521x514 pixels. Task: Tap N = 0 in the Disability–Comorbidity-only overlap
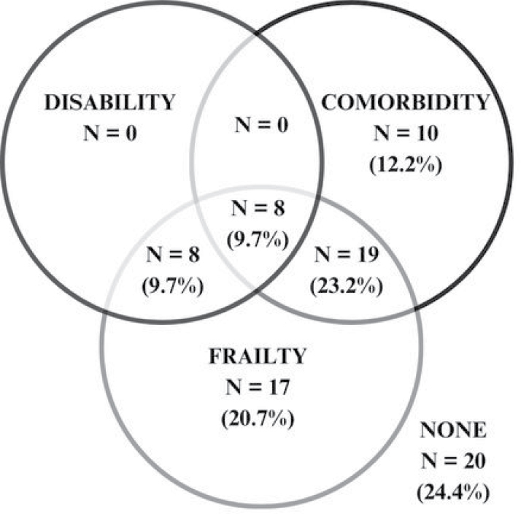click(261, 124)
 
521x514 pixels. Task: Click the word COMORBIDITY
click(406, 102)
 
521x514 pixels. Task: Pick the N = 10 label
click(406, 134)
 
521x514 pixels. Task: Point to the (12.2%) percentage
click(406, 164)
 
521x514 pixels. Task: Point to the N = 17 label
click(260, 389)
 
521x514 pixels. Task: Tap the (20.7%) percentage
click(260, 420)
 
